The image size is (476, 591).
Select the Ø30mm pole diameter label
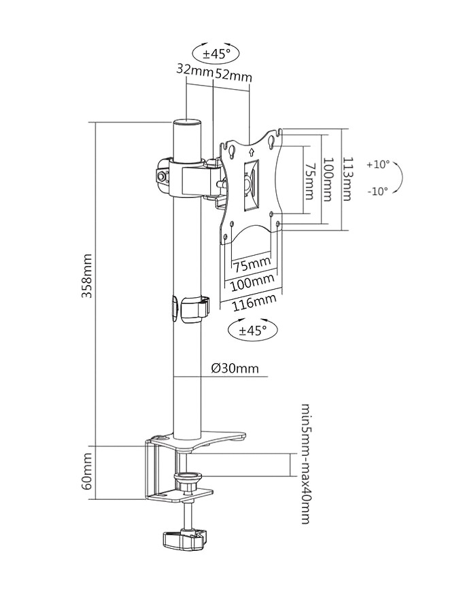tap(235, 368)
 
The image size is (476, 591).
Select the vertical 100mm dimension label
tap(328, 179)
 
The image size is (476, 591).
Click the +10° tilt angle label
tap(377, 165)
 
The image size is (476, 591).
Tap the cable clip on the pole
tap(194, 307)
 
